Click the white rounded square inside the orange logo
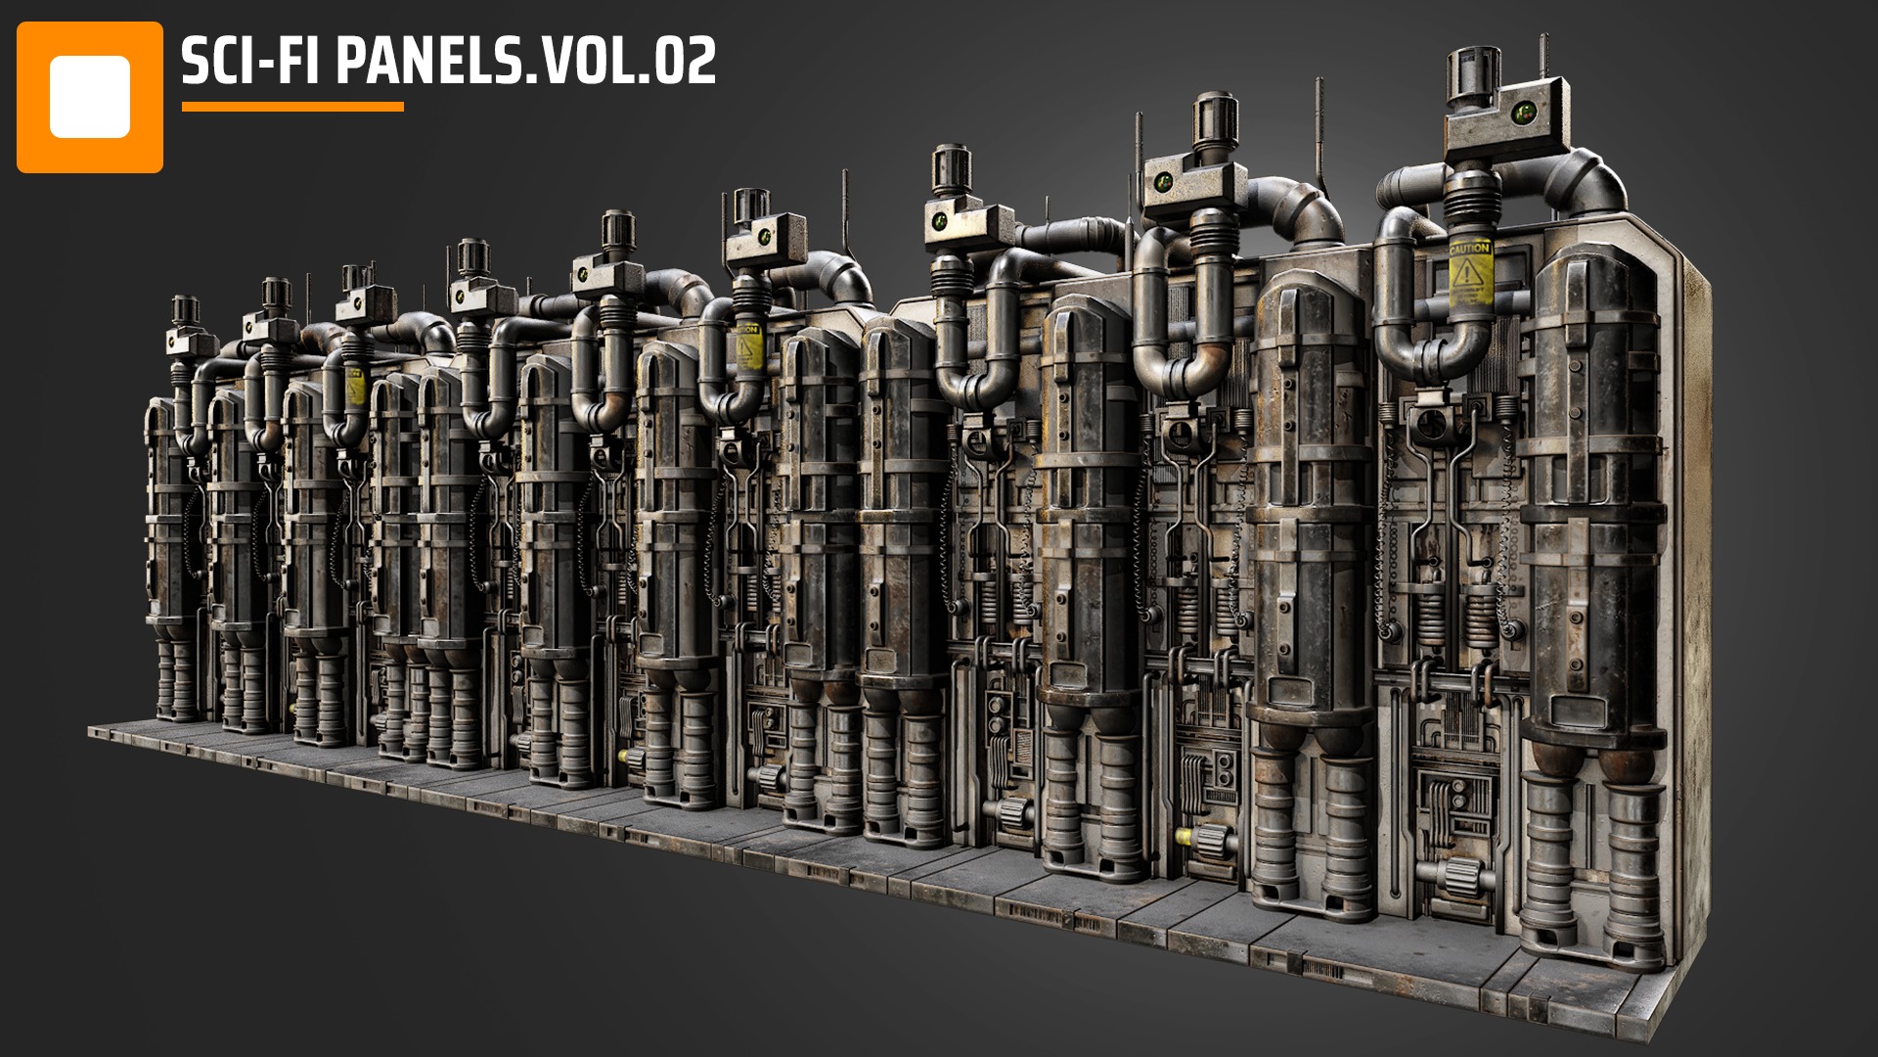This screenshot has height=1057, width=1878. point(90,97)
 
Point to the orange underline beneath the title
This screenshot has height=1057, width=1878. point(292,107)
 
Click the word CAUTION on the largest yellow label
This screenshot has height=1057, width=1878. point(1469,249)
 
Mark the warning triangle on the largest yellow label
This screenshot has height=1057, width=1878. point(1468,273)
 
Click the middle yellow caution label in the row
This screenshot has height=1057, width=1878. point(749,345)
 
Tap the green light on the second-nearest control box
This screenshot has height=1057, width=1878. point(1165,182)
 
